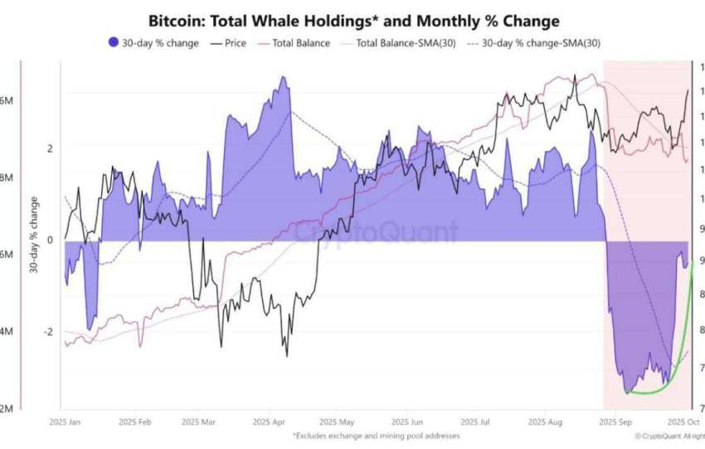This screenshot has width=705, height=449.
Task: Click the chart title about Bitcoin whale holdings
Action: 352,20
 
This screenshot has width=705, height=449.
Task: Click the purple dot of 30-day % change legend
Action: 114,42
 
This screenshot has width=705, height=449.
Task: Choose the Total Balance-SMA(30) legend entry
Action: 401,42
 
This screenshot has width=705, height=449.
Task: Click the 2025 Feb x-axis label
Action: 134,422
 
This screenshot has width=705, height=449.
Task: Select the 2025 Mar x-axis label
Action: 200,422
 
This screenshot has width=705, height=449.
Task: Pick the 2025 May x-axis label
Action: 336,422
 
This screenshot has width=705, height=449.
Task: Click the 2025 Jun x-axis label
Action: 405,422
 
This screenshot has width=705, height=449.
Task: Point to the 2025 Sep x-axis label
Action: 615,422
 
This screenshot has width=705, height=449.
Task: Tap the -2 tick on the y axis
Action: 47,332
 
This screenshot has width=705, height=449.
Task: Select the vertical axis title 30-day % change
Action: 34,235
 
